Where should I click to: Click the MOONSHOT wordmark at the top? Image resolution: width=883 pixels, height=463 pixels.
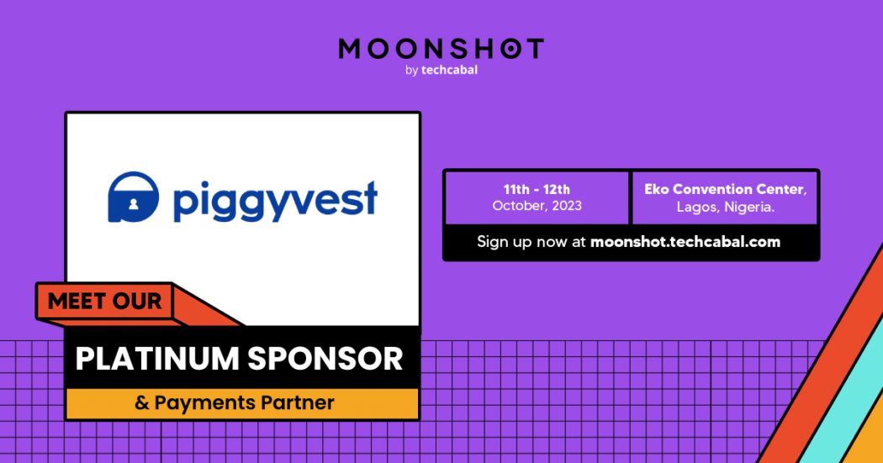tap(441, 49)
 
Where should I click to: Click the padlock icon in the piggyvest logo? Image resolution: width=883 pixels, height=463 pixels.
tap(133, 197)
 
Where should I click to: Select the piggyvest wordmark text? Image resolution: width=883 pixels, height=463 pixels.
tap(275, 202)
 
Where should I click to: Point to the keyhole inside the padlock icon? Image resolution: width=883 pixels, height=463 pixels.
tap(133, 204)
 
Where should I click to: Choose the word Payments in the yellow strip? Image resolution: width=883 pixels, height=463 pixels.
tap(202, 403)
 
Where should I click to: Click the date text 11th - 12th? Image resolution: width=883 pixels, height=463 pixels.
tap(537, 189)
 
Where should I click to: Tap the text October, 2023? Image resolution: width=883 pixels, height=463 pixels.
tap(537, 206)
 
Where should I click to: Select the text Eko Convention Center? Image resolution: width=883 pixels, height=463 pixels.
tap(725, 189)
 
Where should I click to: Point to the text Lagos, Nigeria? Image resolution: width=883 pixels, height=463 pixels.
tap(725, 206)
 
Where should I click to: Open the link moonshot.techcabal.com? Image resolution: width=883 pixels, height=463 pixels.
tap(685, 242)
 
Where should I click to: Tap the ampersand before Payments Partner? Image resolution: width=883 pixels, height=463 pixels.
tap(140, 403)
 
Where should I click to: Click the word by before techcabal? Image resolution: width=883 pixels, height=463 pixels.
tap(411, 71)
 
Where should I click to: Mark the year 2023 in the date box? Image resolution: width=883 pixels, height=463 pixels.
tap(564, 206)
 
